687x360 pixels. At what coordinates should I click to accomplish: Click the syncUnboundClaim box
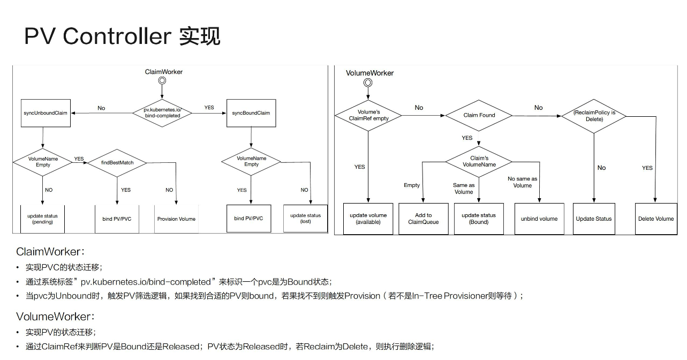46,113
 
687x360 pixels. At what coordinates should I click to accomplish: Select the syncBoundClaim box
251,113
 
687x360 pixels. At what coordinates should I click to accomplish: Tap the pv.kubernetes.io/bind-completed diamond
162,112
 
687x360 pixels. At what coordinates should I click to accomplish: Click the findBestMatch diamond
117,162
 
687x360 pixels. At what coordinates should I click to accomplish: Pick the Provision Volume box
176,219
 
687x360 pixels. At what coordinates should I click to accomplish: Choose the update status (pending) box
42,219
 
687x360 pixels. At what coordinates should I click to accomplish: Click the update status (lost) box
305,219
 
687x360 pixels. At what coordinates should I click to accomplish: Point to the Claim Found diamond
479,115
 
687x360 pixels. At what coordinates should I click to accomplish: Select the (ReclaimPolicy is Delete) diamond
594,116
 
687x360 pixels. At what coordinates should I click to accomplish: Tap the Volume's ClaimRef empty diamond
368,115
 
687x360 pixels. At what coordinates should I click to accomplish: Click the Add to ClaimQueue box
423,219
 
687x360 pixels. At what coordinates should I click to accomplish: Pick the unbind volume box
539,219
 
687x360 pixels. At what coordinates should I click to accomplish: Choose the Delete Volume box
655,219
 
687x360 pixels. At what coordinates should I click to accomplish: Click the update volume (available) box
368,219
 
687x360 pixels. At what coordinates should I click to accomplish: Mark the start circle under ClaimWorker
162,81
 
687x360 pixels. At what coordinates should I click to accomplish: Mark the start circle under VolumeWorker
368,82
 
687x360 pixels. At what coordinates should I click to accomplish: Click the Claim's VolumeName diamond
479,162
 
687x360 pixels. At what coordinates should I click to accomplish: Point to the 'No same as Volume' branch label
522,182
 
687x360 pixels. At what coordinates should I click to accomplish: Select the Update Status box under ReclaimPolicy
593,219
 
